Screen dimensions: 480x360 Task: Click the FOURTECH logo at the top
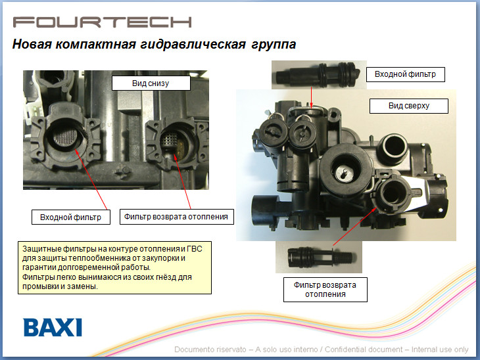102,22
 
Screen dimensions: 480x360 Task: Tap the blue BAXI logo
53,328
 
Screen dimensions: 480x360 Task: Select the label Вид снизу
151,83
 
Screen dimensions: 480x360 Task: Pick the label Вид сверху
409,106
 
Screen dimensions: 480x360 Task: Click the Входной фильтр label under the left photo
71,217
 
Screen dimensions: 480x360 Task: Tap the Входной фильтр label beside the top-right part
405,74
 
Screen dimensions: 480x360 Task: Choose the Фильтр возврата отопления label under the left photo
176,217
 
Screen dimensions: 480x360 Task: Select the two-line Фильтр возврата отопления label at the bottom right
325,290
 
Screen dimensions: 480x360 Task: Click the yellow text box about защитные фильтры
114,267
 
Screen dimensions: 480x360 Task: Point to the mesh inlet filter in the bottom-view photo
65,136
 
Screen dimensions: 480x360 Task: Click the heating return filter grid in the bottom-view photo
170,139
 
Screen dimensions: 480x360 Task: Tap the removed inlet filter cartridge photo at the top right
318,74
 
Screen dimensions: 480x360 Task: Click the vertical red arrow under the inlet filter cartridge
311,97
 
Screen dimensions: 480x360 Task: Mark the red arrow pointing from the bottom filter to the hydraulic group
355,227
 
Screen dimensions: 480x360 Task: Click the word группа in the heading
274,45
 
